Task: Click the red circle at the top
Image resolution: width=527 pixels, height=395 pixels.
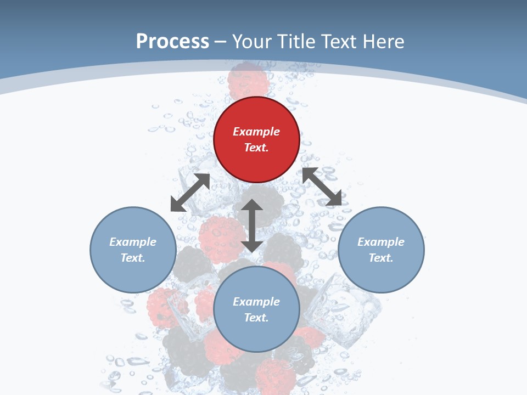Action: [x=256, y=139]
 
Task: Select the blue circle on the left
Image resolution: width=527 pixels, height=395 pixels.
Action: [x=133, y=250]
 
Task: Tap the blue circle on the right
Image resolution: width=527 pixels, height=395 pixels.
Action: [x=381, y=250]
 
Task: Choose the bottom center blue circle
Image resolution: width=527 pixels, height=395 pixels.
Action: [x=256, y=309]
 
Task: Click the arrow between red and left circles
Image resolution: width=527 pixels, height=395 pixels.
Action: [x=190, y=193]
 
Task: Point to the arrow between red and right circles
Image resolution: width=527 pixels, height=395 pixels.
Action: [x=322, y=187]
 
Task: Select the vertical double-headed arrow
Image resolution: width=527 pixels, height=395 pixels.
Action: [x=252, y=225]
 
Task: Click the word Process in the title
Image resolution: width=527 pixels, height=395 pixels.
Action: [x=172, y=41]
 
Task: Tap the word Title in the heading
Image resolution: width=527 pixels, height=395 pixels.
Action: [x=296, y=41]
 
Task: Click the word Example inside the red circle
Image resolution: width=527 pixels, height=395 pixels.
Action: [x=256, y=132]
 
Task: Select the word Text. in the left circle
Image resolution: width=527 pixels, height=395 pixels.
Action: [x=133, y=258]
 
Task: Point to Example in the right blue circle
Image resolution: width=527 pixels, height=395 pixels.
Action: [x=381, y=242]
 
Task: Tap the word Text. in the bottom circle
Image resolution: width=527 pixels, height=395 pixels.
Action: [x=256, y=318]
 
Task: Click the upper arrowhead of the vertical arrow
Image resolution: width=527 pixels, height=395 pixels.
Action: [x=252, y=205]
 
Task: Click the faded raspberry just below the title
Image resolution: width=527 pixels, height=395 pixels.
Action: [x=248, y=80]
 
